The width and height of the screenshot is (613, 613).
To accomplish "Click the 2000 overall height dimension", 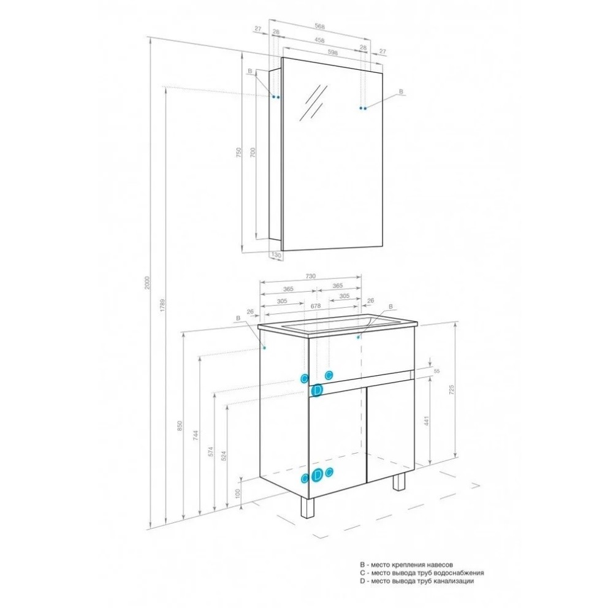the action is [x=147, y=283].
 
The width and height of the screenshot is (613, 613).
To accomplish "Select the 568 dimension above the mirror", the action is [x=320, y=26].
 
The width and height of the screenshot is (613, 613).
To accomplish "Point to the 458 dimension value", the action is [x=319, y=40].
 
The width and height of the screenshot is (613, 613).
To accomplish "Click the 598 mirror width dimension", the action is [x=332, y=52].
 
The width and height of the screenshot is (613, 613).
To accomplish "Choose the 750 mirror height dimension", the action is [x=239, y=153].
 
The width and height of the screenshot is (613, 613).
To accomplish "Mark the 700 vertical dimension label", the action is [x=253, y=153].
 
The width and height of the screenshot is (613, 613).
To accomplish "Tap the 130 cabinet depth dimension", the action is [x=276, y=255].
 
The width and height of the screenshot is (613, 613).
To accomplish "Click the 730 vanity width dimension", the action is [x=310, y=276].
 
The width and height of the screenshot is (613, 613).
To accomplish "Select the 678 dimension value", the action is [x=316, y=306].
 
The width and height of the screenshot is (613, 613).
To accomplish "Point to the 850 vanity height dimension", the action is [x=180, y=426].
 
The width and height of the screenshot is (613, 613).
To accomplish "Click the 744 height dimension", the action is [x=196, y=435].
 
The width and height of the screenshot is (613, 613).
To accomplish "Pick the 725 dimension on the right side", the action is [x=452, y=390].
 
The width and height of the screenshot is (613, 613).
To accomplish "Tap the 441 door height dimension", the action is [x=427, y=421].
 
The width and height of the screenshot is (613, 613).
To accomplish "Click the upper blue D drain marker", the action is [x=317, y=390].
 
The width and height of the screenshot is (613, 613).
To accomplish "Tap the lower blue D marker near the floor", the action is [x=318, y=474].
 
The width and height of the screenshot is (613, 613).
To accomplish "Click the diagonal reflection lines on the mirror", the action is [x=313, y=102].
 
